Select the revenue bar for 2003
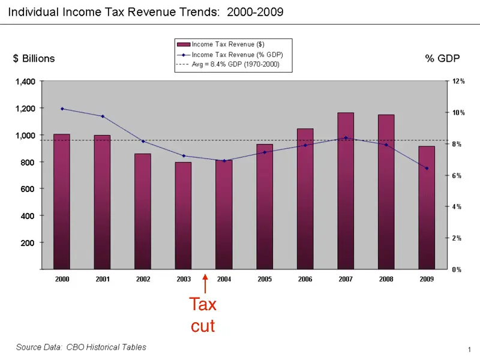[x=183, y=215]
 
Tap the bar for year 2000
[x=62, y=202]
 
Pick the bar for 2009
[x=427, y=208]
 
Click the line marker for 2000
[x=62, y=109]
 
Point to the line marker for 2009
[x=427, y=168]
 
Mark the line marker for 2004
[x=224, y=161]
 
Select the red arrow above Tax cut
[x=205, y=283]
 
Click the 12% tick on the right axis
[x=458, y=81]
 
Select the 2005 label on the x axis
[x=265, y=279]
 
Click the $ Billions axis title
[x=34, y=58]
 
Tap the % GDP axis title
[x=442, y=58]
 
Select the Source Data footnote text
[x=80, y=347]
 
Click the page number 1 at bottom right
[x=467, y=349]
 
